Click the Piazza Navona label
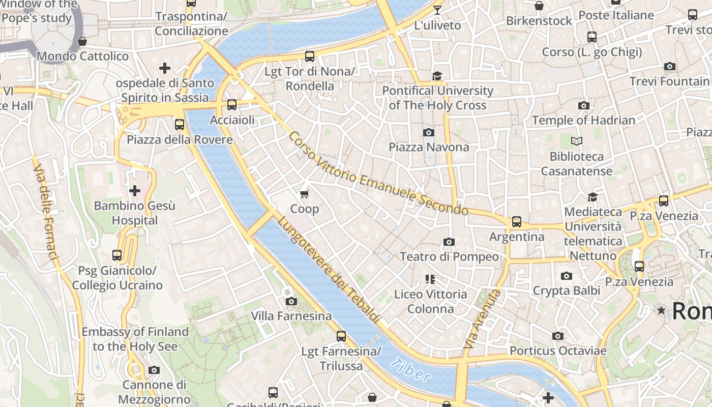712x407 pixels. pos(429,147)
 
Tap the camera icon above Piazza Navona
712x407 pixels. pos(429,132)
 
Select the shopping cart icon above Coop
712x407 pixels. pos(305,194)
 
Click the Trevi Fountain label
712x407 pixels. pos(669,81)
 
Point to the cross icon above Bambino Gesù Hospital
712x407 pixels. pos(135,191)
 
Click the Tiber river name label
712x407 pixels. pos(412,370)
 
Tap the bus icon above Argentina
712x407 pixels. pos(517,222)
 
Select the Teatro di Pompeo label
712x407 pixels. pos(449,256)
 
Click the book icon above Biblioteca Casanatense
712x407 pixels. pos(576,141)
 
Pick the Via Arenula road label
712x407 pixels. pos(481,319)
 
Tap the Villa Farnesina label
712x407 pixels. pos(291,316)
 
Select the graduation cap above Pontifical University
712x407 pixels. pos(437,76)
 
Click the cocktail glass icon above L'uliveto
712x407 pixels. pos(437,10)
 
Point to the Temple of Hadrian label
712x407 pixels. pos(583,120)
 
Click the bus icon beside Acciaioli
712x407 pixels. pos(232,105)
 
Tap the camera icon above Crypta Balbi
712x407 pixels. pos(567,276)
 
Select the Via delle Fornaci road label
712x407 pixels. pos(45,211)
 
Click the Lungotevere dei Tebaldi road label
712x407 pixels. pos(329,270)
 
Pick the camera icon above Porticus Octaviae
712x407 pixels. pos(558,336)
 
